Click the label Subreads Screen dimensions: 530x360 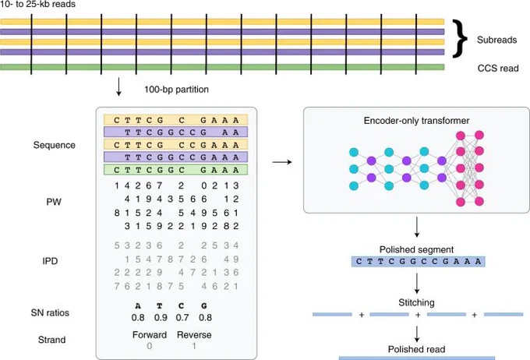496,40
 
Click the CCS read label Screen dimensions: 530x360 498,69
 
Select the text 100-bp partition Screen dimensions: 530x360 176,90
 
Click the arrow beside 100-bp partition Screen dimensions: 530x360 118,86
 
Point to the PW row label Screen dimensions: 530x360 54,202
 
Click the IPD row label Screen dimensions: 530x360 50,261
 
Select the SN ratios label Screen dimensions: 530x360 50,312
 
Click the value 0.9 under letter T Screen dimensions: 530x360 161,318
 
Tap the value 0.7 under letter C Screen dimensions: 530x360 182,318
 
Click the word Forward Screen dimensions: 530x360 150,335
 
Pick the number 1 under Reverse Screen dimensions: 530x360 194,346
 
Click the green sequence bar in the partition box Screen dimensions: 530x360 176,170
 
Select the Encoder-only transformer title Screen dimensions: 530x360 416,121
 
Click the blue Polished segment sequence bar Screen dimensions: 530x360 418,262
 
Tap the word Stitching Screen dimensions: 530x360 416,302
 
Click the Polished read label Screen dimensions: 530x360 416,349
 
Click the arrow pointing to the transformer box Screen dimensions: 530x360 282,162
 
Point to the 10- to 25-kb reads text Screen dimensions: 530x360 38,5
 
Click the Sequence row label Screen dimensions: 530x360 54,146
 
